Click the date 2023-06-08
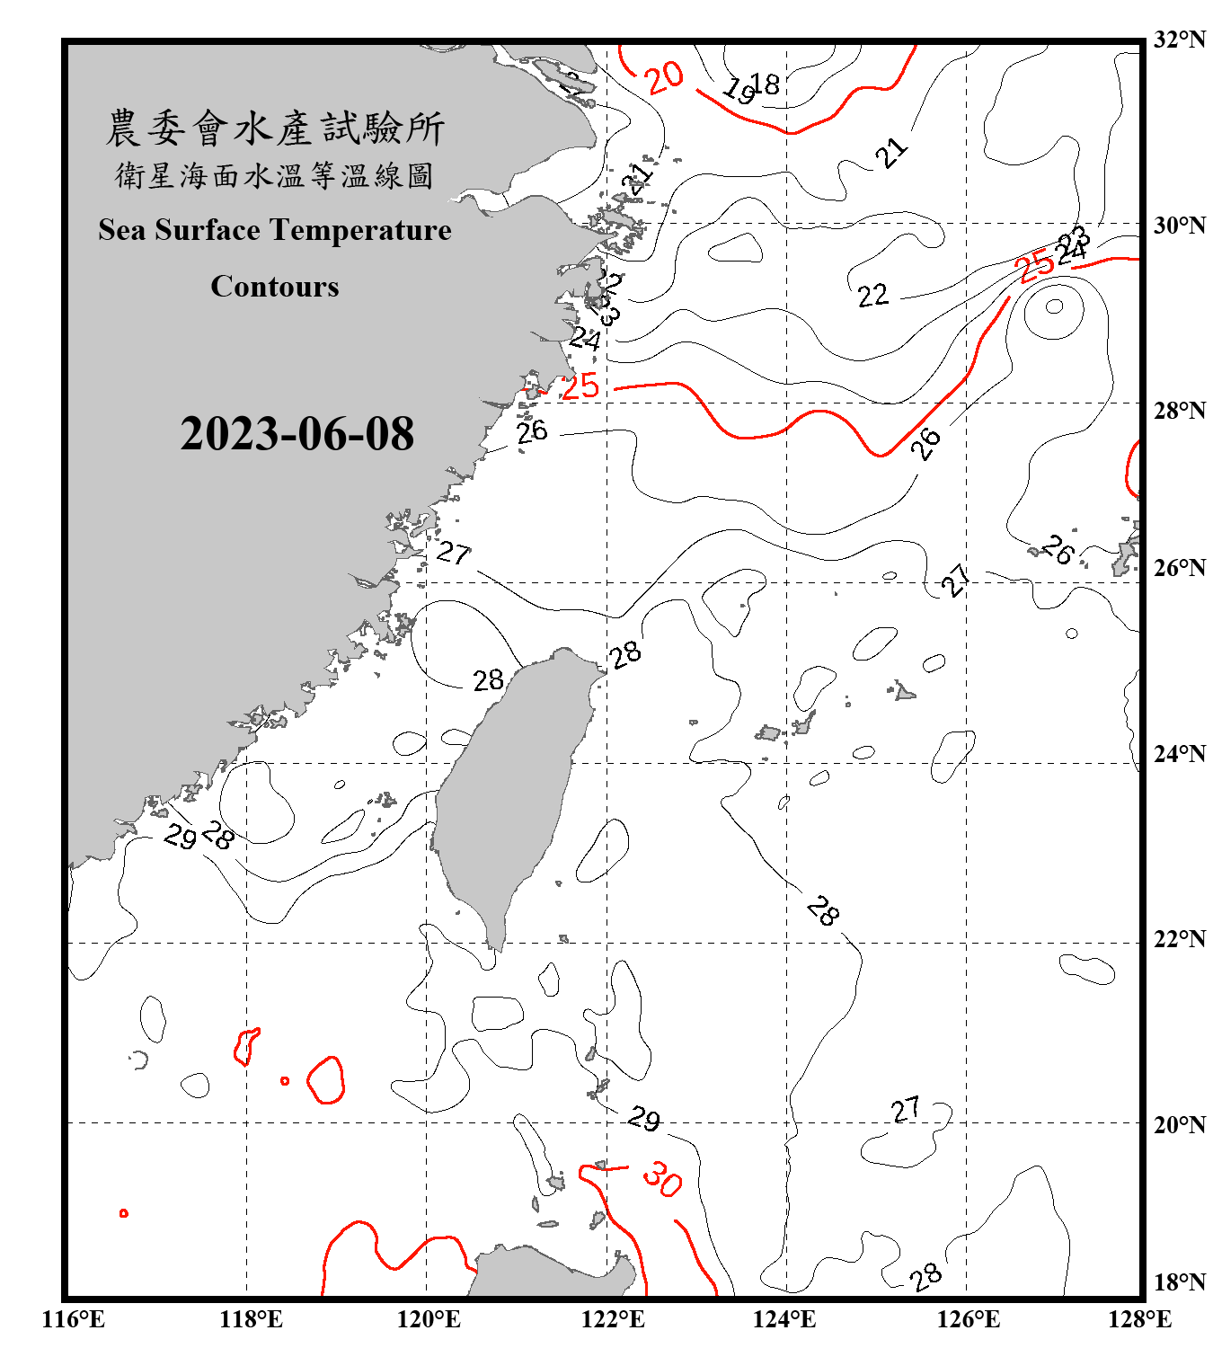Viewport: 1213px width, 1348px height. (x=297, y=434)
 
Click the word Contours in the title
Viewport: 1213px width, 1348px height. (x=275, y=287)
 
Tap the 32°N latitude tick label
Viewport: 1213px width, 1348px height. (x=1179, y=40)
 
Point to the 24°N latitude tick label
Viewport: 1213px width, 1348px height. (x=1179, y=753)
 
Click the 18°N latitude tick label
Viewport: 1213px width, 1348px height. (x=1179, y=1282)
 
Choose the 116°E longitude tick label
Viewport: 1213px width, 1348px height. (x=74, y=1319)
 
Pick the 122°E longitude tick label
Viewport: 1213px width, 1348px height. (x=613, y=1319)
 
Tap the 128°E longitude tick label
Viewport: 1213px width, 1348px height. (x=1139, y=1319)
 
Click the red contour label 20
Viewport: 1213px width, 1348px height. (x=665, y=77)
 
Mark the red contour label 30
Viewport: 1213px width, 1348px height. (x=663, y=1178)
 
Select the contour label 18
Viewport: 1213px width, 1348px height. (x=765, y=84)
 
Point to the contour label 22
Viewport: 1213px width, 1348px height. (x=872, y=296)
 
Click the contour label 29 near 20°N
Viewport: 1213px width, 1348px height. (x=643, y=1119)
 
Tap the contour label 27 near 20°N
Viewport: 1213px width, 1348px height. (x=906, y=1110)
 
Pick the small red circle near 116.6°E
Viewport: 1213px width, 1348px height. (x=124, y=1213)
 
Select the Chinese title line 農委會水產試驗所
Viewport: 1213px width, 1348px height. (x=275, y=129)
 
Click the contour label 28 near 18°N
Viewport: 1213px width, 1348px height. (x=925, y=1276)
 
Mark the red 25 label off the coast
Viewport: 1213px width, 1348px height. (x=580, y=386)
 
